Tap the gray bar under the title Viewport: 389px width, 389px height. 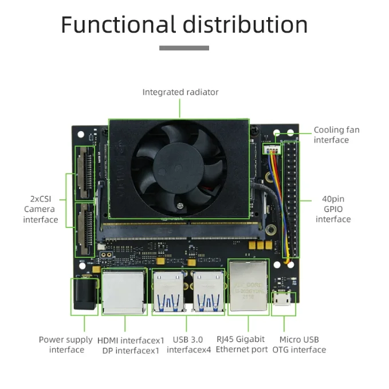tap(184, 48)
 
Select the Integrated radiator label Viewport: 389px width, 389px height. tap(180, 92)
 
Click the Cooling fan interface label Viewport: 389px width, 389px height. tap(336, 135)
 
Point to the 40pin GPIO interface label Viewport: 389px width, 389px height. tap(333, 209)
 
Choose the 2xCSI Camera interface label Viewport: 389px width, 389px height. tap(41, 209)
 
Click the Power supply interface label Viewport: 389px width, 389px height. tap(66, 344)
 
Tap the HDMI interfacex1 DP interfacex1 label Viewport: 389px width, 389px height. tap(131, 344)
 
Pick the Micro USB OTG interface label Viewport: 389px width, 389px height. tap(299, 344)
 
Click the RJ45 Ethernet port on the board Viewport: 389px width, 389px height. tap(248, 286)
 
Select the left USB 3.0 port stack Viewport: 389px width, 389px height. tap(169, 291)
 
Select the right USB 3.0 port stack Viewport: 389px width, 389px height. tap(208, 291)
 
